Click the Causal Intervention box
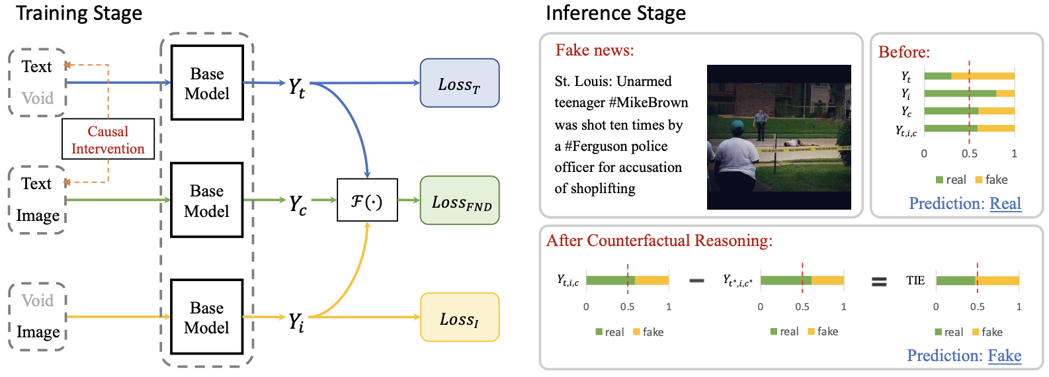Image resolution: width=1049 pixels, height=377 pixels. pyautogui.click(x=108, y=140)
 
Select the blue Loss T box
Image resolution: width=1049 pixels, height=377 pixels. pyautogui.click(x=459, y=83)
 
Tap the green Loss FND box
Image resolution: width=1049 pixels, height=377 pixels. pyautogui.click(x=459, y=200)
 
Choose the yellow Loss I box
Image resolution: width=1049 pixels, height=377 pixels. pyautogui.click(x=459, y=317)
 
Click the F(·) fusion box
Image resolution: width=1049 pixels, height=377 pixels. pyautogui.click(x=367, y=200)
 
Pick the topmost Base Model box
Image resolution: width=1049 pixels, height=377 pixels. pyautogui.click(x=207, y=83)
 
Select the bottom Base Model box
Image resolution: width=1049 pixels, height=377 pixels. pyautogui.click(x=207, y=317)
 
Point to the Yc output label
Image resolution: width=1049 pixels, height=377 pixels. pyautogui.click(x=298, y=204)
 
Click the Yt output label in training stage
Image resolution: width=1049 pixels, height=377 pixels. pyautogui.click(x=297, y=87)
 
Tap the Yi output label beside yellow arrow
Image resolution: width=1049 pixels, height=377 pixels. pyautogui.click(x=296, y=321)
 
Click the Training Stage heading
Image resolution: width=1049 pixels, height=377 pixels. pyautogui.click(x=79, y=13)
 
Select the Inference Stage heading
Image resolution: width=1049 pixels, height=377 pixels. pyautogui.click(x=615, y=13)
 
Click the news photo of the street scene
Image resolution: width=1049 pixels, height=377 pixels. pyautogui.click(x=778, y=137)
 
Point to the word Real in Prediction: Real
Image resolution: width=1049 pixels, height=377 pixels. pyautogui.click(x=1005, y=204)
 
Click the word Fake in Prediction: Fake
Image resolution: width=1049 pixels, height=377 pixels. pyautogui.click(x=1004, y=356)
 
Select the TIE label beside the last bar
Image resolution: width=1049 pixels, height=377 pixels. pyautogui.click(x=915, y=280)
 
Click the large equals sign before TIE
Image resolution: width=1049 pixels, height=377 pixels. pyautogui.click(x=878, y=282)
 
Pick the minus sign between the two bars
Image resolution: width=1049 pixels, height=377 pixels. pyautogui.click(x=696, y=281)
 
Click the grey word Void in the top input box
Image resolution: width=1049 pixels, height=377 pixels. pyautogui.click(x=37, y=99)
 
